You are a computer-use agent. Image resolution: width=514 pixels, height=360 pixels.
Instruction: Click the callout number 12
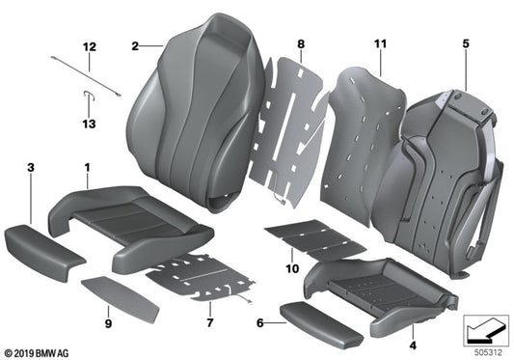[x=89, y=46]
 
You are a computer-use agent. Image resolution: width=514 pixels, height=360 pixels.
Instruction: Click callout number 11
[x=380, y=44]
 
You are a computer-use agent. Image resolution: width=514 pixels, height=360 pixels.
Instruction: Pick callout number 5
[x=465, y=44]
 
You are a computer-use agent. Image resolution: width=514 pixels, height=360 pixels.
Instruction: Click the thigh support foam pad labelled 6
[x=306, y=314]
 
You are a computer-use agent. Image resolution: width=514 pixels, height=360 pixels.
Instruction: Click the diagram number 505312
[x=486, y=350]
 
